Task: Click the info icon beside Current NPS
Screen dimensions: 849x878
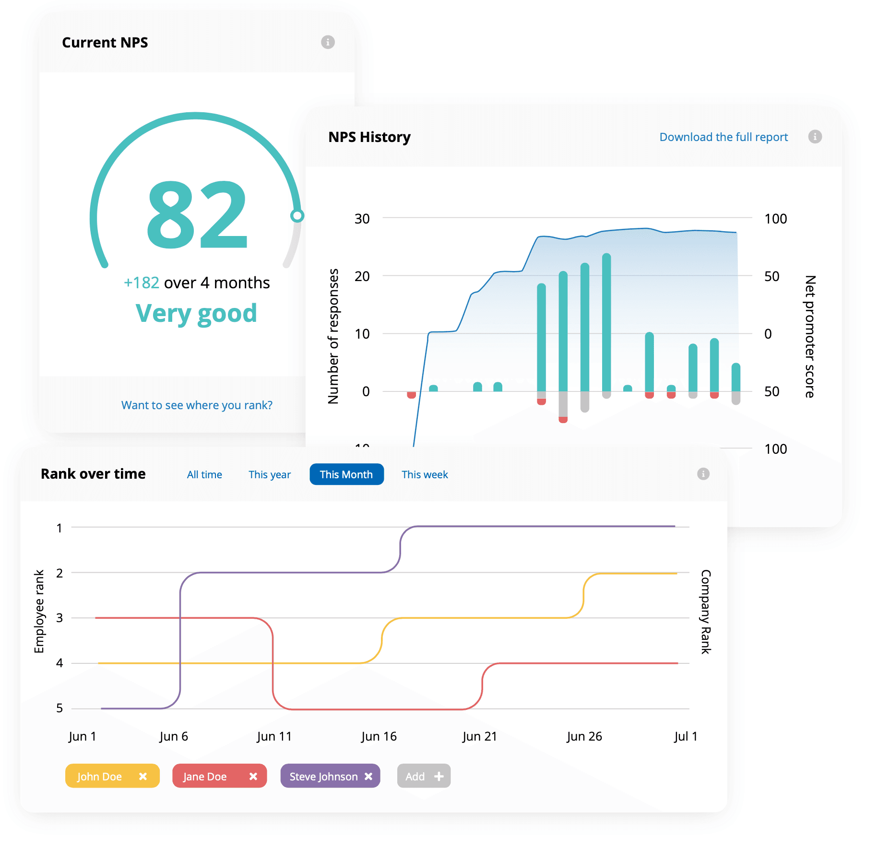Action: click(328, 42)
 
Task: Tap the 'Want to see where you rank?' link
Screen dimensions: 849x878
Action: click(197, 405)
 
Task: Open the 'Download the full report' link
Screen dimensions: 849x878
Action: click(723, 137)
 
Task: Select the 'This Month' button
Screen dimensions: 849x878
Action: click(346, 474)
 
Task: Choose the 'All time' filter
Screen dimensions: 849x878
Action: click(204, 474)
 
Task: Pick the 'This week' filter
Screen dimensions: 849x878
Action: click(424, 474)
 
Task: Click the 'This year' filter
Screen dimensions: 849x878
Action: click(269, 474)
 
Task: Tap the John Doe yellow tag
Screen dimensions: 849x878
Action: click(100, 776)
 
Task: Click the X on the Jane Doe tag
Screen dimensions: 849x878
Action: click(253, 776)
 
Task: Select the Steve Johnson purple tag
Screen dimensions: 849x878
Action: click(323, 776)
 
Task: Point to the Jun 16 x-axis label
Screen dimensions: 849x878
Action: click(379, 736)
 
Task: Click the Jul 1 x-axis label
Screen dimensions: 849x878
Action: click(685, 736)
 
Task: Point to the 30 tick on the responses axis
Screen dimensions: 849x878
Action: click(362, 219)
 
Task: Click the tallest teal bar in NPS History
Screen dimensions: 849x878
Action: click(606, 321)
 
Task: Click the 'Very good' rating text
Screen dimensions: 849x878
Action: click(196, 314)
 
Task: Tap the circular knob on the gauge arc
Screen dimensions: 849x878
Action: click(297, 216)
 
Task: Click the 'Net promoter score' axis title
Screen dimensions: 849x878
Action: click(809, 336)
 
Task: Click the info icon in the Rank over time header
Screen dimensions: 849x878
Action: click(703, 474)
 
